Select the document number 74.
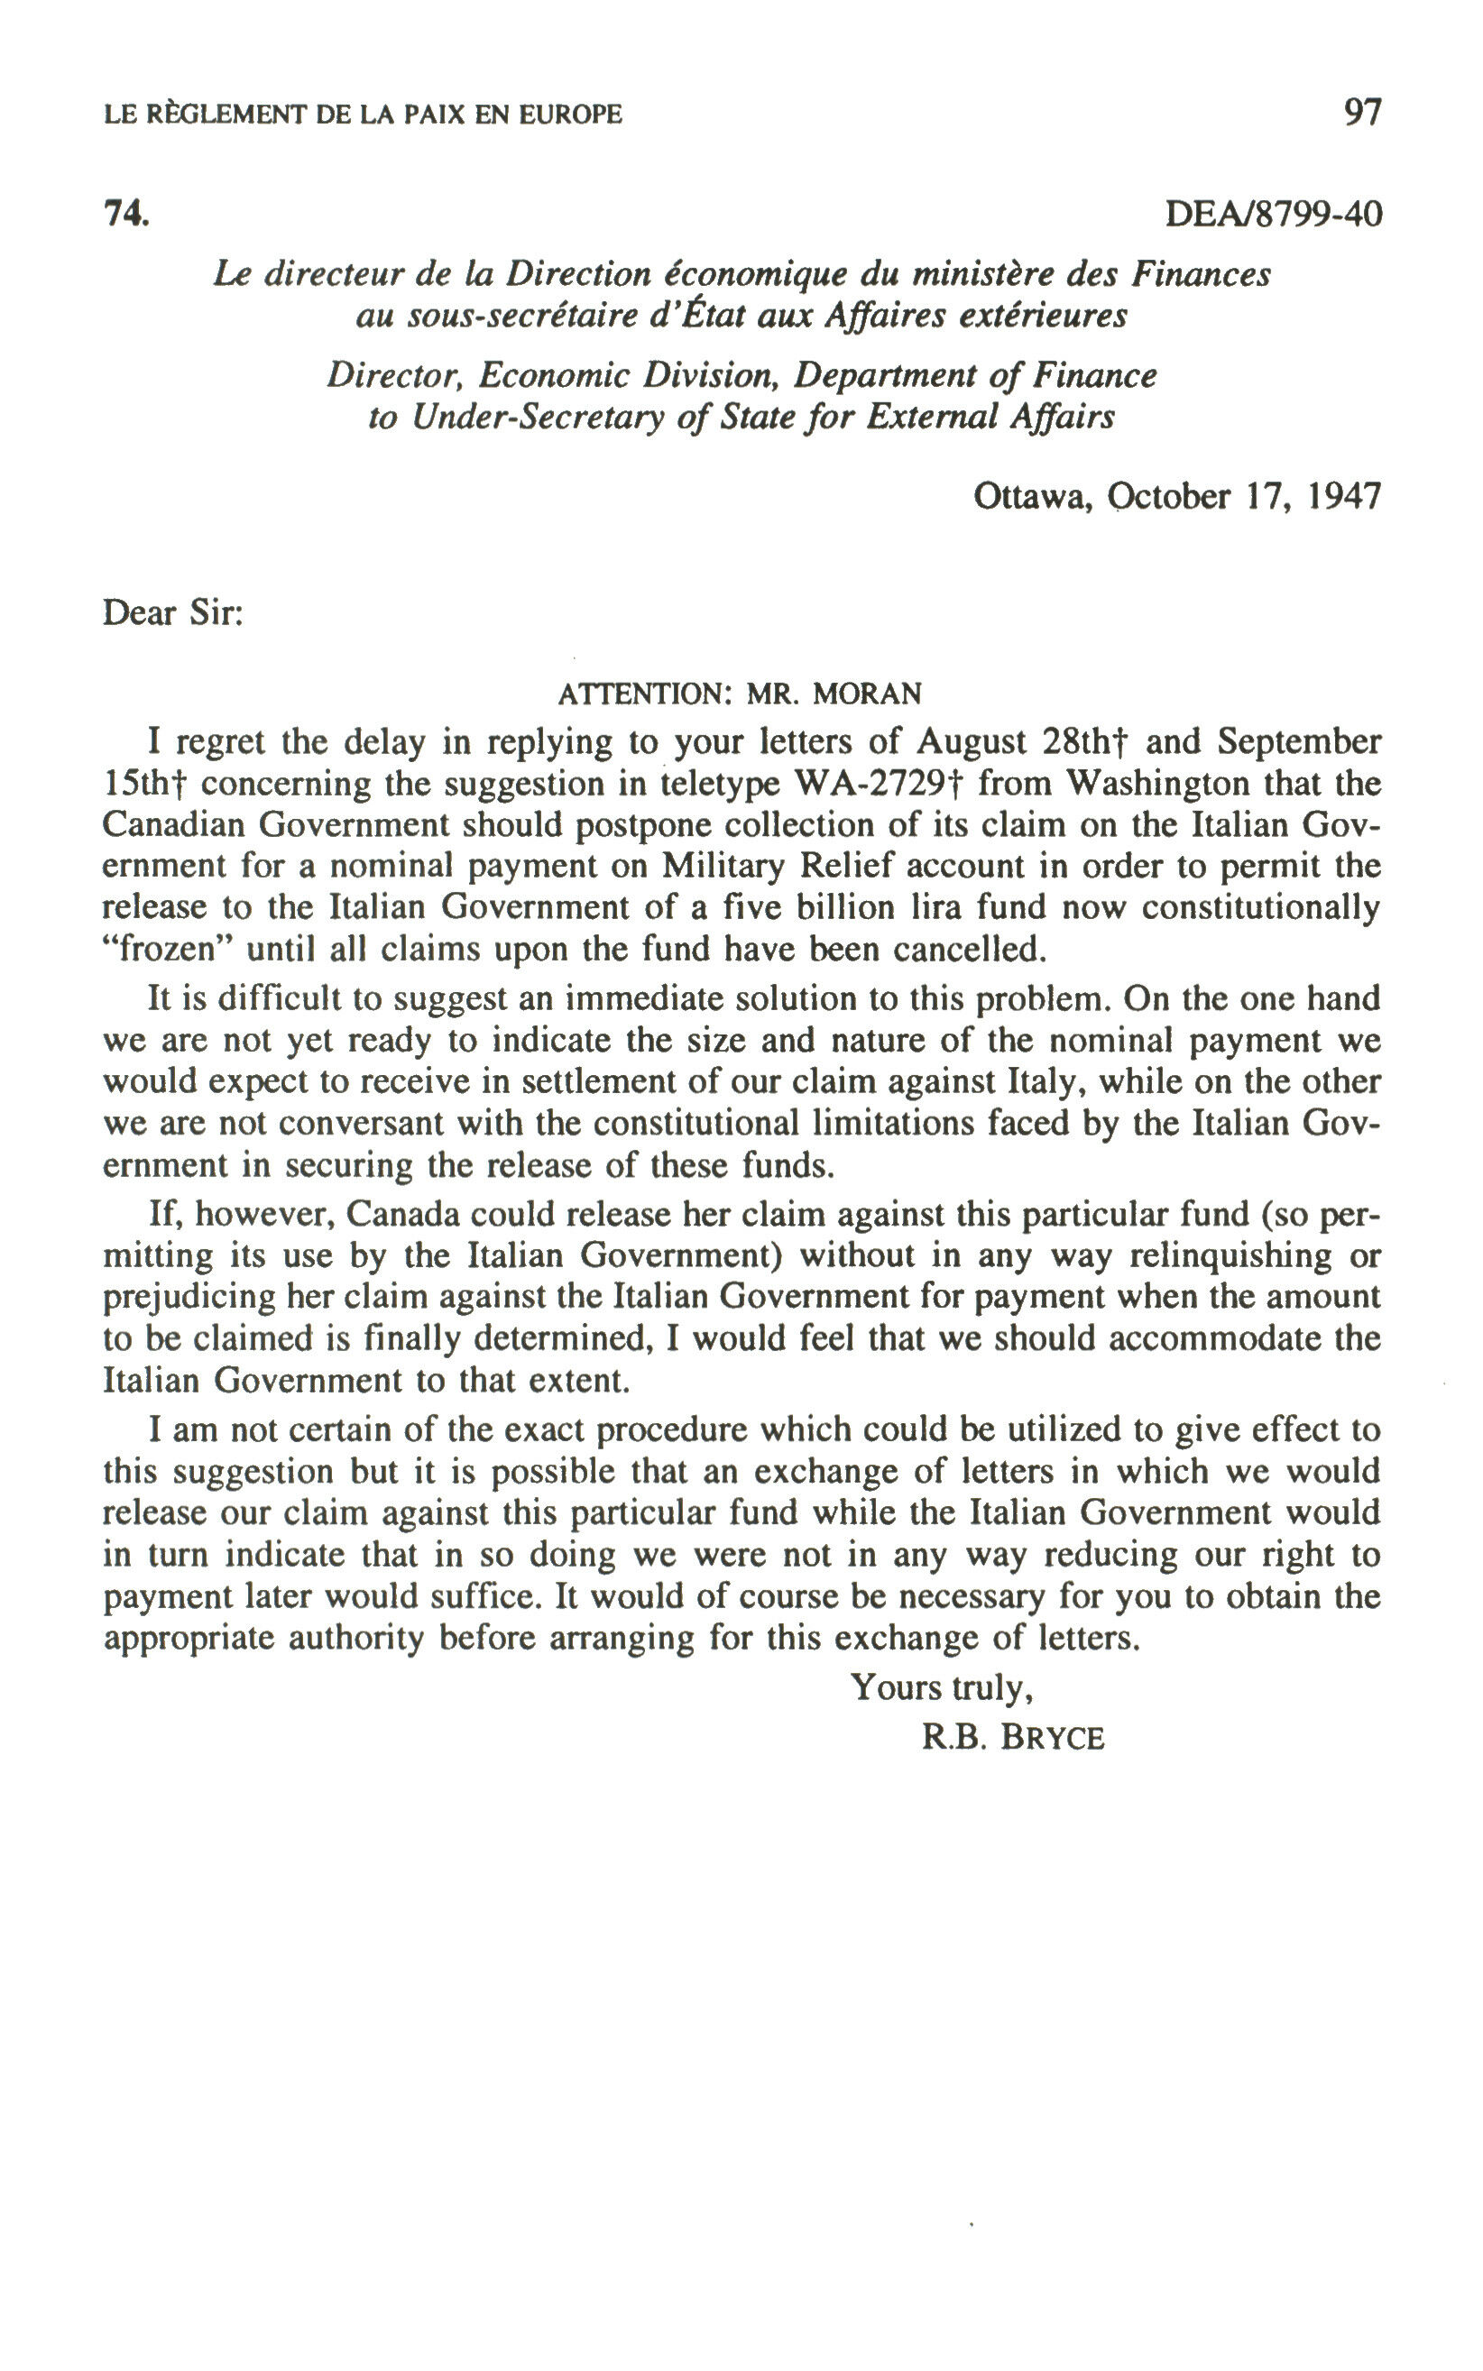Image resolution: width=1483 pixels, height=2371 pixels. (x=126, y=213)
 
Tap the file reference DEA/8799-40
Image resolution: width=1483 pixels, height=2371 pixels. (x=1273, y=213)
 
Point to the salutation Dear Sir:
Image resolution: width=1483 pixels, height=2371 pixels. (x=172, y=614)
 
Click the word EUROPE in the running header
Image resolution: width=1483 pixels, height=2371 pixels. (x=570, y=115)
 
